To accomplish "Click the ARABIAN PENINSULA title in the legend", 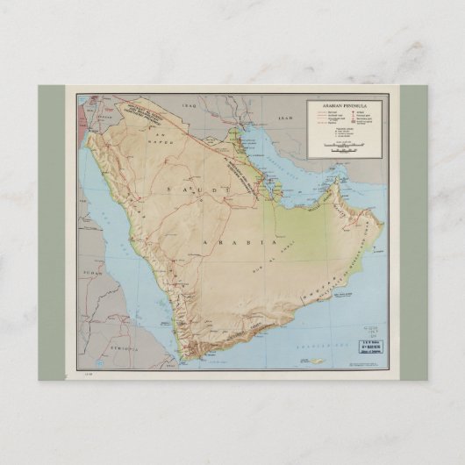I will tap(344, 104).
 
